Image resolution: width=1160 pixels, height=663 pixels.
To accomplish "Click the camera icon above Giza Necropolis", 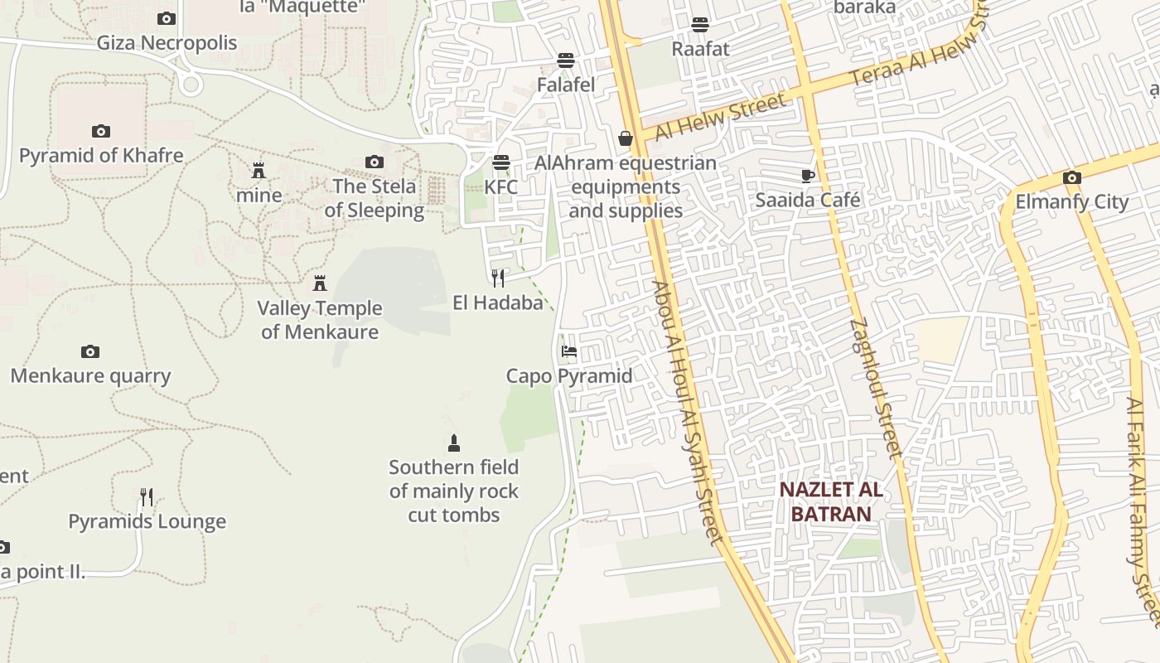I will click(167, 18).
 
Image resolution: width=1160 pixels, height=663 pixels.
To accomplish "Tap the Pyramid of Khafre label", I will click(101, 155).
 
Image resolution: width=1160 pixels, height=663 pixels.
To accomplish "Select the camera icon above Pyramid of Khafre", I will click(101, 131).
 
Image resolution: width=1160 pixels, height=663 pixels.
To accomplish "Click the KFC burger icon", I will click(500, 162).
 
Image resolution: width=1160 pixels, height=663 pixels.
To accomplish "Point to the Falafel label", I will click(566, 85).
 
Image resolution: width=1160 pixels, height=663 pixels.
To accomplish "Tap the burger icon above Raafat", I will click(700, 24).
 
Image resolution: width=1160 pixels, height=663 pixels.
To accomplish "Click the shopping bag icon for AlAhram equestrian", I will click(626, 138).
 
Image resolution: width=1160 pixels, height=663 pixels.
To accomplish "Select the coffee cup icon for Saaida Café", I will click(808, 176).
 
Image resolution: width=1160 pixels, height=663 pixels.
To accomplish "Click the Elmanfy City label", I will click(1072, 201).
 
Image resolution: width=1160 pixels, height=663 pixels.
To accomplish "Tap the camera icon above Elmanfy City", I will click(1071, 177).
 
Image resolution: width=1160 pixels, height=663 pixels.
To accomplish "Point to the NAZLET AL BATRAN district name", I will click(831, 501).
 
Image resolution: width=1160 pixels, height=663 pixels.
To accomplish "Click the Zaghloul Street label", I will click(875, 388).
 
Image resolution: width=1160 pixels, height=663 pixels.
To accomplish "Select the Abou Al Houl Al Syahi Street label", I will click(688, 412).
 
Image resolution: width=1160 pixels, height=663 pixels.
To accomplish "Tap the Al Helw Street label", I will click(719, 118).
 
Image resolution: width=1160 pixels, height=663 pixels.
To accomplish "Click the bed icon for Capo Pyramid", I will click(568, 351).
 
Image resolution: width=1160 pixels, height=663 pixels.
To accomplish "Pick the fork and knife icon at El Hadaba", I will click(497, 278).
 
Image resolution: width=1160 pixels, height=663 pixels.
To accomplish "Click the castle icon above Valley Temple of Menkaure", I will click(320, 283).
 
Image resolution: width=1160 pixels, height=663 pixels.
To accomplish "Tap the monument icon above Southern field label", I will click(453, 443).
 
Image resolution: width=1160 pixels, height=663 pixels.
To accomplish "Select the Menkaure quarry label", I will click(90, 375).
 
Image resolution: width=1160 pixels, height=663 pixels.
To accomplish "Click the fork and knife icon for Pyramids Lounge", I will click(147, 497).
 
